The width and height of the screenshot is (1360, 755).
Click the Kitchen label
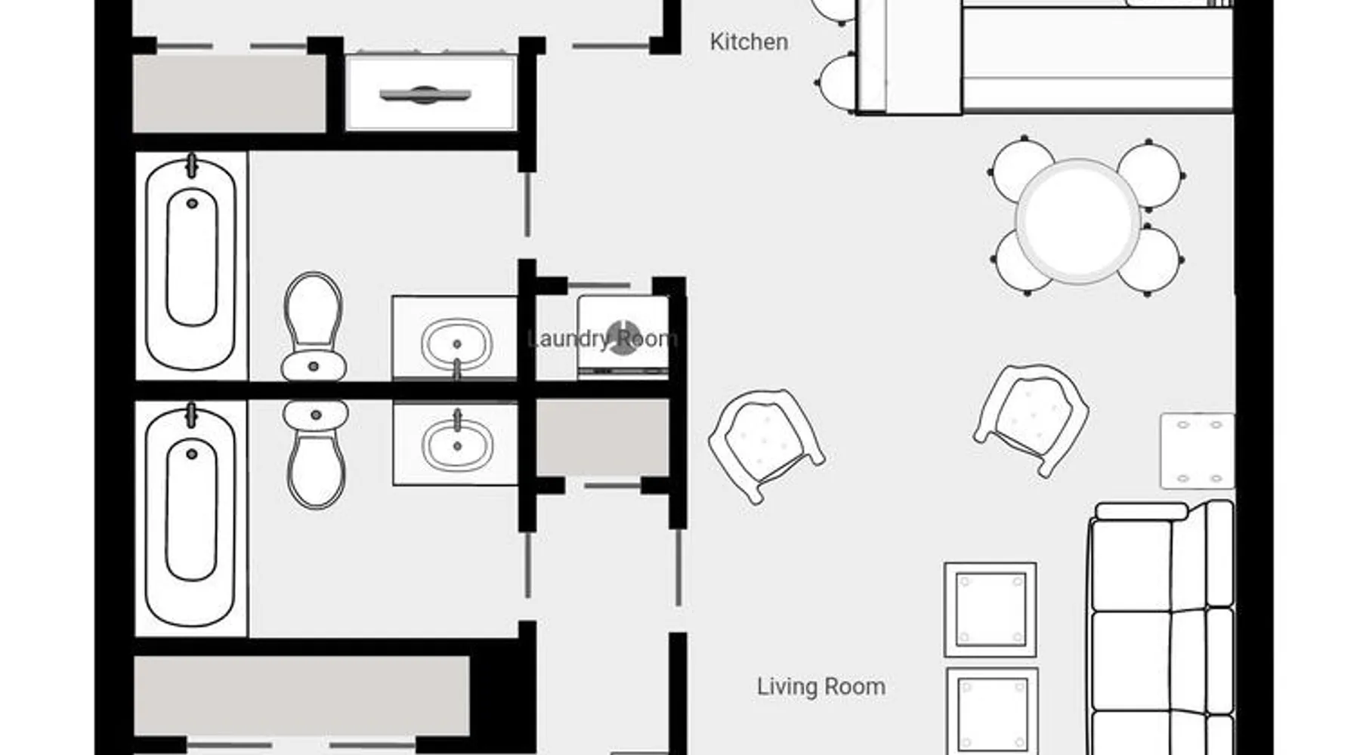click(749, 42)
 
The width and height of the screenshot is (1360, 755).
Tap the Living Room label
click(821, 686)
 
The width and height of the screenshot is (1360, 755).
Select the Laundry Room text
click(602, 338)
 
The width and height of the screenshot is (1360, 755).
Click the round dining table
click(1077, 221)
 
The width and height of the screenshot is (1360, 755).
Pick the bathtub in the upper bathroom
click(191, 265)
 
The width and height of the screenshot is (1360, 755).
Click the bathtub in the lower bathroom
click(191, 518)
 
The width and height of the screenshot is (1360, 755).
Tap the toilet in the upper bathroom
click(314, 327)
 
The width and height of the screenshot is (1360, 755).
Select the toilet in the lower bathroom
click(316, 454)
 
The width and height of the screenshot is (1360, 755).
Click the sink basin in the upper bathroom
click(456, 344)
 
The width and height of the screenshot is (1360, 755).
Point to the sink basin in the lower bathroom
click(456, 444)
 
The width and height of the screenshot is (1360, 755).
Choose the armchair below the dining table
click(1031, 419)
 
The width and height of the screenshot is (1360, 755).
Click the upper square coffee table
click(990, 609)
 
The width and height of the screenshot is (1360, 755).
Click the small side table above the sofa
click(1198, 451)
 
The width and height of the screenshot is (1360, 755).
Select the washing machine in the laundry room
click(623, 337)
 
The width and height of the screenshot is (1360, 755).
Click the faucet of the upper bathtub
click(192, 165)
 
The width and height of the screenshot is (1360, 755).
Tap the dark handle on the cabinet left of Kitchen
click(425, 95)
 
